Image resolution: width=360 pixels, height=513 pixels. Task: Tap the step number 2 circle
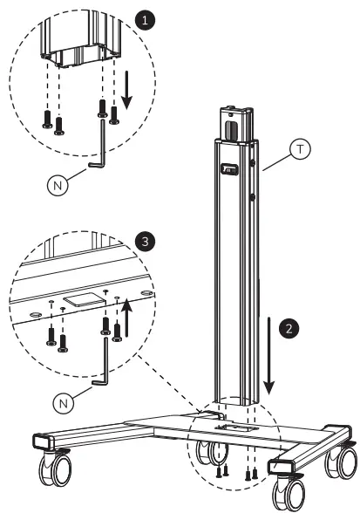tap(290, 329)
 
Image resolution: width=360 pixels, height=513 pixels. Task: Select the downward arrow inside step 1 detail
tap(127, 92)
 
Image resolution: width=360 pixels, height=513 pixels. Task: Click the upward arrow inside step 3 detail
tap(127, 318)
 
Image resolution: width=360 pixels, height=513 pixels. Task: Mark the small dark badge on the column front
tap(230, 171)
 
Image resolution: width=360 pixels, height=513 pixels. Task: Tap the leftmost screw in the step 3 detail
tap(51, 332)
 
